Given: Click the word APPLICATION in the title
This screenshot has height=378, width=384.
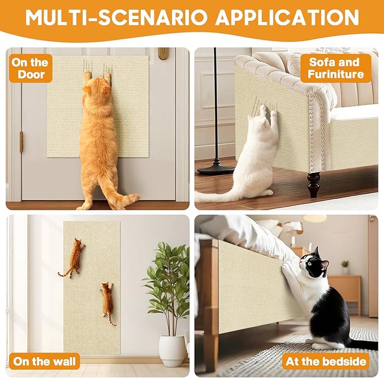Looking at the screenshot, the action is [x=287, y=18].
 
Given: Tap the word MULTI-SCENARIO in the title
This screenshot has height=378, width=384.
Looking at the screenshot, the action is [x=117, y=18].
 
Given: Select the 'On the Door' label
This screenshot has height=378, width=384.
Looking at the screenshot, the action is [x=30, y=68].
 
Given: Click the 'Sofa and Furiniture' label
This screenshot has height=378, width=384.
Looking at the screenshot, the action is [x=335, y=68].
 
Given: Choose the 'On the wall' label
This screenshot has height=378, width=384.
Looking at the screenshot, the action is [x=44, y=361].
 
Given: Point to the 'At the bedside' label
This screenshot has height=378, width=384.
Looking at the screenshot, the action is [x=326, y=361].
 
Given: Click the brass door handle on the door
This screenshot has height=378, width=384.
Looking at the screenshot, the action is [x=163, y=54].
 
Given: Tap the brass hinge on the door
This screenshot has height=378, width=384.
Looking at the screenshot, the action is [x=21, y=141].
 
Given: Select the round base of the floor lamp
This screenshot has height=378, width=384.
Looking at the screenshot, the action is [x=216, y=169].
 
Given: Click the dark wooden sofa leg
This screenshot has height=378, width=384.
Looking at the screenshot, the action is [x=314, y=184].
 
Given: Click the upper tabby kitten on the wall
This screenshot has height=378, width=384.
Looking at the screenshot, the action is [x=73, y=258].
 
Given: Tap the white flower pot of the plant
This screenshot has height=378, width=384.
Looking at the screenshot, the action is [x=172, y=351].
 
